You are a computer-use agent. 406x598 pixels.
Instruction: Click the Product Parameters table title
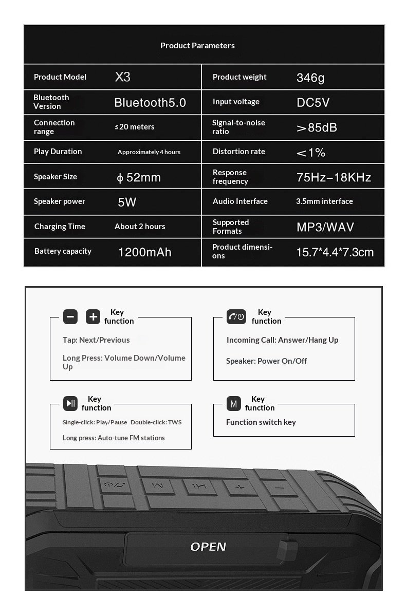click(197, 46)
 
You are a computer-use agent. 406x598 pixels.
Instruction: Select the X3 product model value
click(123, 77)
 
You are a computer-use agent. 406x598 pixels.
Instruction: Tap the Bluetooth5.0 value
click(150, 103)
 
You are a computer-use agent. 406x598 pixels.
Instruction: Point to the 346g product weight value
click(310, 78)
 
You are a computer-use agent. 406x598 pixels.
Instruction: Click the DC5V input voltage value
click(313, 103)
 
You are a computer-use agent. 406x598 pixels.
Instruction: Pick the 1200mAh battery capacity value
click(145, 252)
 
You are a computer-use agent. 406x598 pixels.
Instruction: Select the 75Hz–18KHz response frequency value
click(334, 178)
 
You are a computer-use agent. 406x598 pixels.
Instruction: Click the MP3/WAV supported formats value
click(325, 227)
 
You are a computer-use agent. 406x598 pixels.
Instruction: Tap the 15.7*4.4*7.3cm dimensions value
click(335, 252)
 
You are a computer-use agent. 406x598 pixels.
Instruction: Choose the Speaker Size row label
click(56, 177)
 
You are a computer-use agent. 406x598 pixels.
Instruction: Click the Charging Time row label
click(60, 227)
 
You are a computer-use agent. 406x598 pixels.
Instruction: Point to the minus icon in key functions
click(70, 317)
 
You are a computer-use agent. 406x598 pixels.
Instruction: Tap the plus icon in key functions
click(93, 317)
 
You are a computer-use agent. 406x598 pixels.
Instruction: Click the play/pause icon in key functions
click(70, 403)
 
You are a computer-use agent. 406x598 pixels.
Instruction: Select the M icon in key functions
click(234, 404)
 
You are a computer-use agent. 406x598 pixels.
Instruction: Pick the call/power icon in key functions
click(236, 317)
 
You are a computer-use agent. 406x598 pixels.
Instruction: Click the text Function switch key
click(261, 422)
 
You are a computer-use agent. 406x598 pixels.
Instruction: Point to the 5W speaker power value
click(127, 202)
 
